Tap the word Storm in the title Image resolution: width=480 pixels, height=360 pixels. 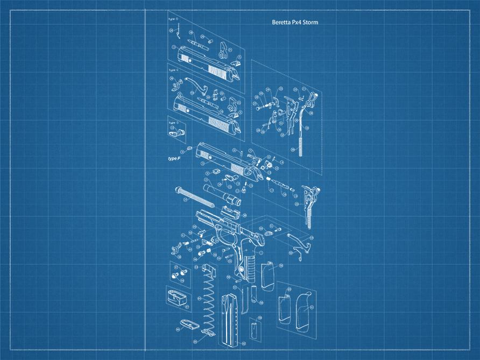310,23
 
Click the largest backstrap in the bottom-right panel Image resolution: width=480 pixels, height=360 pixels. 302,303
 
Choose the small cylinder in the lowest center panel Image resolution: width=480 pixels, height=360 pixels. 253,328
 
